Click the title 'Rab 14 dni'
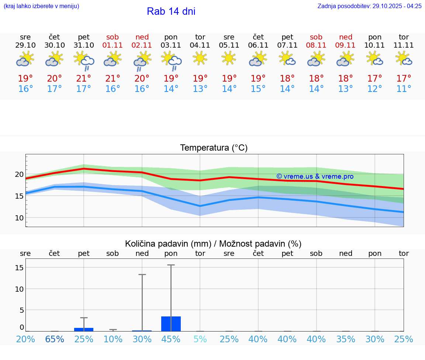tap(171, 11)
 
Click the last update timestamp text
tap(369, 6)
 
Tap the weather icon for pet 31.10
tap(84, 60)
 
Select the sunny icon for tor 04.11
tap(200, 58)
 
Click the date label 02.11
tap(142, 45)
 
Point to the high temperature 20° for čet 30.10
tap(55, 78)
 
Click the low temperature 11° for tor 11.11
tap(404, 89)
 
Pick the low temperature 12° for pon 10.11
tap(374, 89)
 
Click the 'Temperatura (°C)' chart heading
tap(214, 148)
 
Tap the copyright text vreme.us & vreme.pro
tap(315, 176)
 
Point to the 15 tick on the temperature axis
tap(19, 196)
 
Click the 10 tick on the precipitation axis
tap(19, 289)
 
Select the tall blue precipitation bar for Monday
tap(171, 324)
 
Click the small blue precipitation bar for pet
tap(84, 329)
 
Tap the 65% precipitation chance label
tap(55, 339)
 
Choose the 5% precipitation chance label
tap(200, 339)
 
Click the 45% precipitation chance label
tap(171, 339)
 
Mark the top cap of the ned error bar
tap(142, 275)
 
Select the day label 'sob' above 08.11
tap(316, 37)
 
